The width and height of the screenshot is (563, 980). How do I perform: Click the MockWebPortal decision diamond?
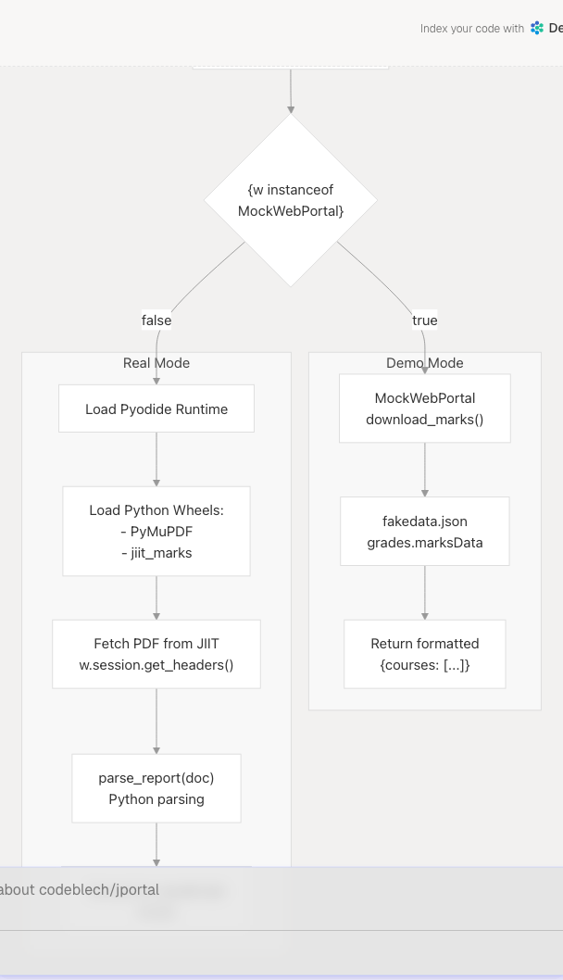click(291, 200)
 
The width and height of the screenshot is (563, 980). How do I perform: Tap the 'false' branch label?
click(156, 320)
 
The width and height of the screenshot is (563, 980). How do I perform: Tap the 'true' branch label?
click(425, 320)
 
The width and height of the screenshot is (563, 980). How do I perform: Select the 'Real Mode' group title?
click(156, 363)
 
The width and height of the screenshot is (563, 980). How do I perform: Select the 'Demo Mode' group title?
click(425, 363)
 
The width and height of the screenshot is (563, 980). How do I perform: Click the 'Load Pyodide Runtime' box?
click(156, 408)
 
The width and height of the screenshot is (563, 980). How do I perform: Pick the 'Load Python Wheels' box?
click(156, 531)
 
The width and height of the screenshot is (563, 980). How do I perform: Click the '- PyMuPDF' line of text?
click(156, 532)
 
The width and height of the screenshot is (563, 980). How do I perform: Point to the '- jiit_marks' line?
click(156, 553)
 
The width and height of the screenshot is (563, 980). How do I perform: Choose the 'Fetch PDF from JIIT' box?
click(156, 654)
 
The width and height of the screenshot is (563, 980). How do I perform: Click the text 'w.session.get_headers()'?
click(156, 665)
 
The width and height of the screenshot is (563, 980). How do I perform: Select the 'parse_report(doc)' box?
click(156, 788)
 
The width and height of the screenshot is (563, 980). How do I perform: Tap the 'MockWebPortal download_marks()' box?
click(425, 408)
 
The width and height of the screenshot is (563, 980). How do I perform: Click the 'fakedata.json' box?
click(425, 531)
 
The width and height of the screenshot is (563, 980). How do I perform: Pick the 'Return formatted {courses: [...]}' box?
click(425, 654)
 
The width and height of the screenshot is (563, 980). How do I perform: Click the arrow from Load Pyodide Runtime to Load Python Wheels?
click(156, 459)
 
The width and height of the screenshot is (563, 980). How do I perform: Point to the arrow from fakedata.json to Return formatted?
click(425, 592)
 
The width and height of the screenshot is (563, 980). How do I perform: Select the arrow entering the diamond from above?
click(291, 91)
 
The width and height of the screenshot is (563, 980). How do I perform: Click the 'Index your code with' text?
click(471, 29)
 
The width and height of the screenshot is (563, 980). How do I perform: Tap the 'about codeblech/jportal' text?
click(81, 890)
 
